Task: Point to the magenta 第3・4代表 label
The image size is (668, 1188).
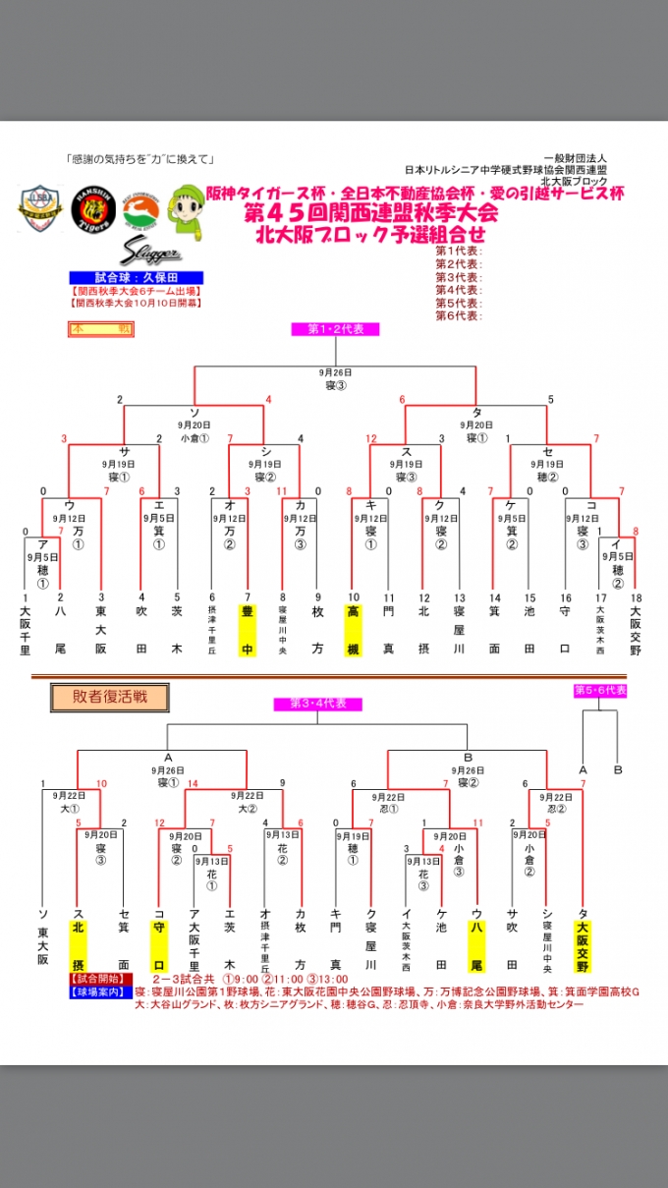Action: (x=317, y=704)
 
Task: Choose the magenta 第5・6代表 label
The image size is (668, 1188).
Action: (x=600, y=691)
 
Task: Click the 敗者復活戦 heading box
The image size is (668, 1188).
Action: (x=108, y=697)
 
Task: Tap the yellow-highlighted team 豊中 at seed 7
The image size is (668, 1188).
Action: (x=248, y=630)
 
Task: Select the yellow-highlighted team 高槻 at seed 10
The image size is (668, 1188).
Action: (x=353, y=630)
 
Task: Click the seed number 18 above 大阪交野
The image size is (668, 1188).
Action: (x=636, y=597)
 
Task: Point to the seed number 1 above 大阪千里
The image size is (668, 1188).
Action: (x=27, y=597)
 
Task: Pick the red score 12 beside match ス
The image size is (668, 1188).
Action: (x=372, y=438)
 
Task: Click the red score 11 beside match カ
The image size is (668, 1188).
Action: (x=282, y=490)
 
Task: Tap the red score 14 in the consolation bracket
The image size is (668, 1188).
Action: (x=194, y=783)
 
